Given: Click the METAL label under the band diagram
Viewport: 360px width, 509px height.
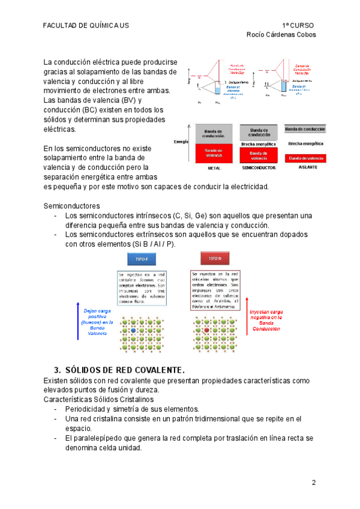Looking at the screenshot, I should click(x=206, y=168).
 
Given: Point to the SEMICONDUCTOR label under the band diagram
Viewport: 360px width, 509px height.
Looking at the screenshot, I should click(x=258, y=168).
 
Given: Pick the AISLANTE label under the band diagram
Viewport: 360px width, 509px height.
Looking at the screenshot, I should click(x=307, y=167).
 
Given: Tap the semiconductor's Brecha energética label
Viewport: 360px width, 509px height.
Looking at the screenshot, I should click(x=258, y=144).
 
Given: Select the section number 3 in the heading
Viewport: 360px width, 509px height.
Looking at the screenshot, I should click(x=57, y=369).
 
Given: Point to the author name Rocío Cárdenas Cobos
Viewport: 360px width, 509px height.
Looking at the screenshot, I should click(x=281, y=34).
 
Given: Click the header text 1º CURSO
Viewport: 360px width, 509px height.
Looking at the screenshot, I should click(x=298, y=25).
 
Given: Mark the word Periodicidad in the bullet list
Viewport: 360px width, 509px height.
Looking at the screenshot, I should click(x=88, y=409).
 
